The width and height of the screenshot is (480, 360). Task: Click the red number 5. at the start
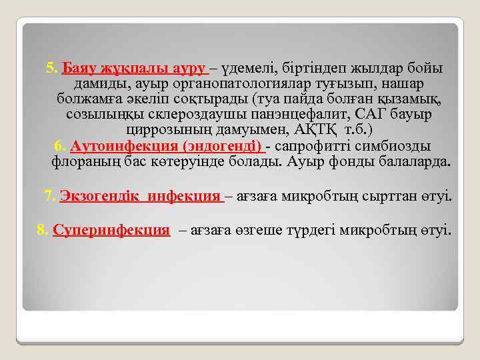[52, 69]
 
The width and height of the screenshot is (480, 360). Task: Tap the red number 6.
[59, 146]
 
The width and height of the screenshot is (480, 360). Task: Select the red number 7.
[50, 196]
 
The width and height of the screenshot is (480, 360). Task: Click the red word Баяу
[76, 69]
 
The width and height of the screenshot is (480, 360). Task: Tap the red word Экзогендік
[99, 196]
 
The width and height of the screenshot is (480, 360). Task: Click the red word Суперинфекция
[111, 231]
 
